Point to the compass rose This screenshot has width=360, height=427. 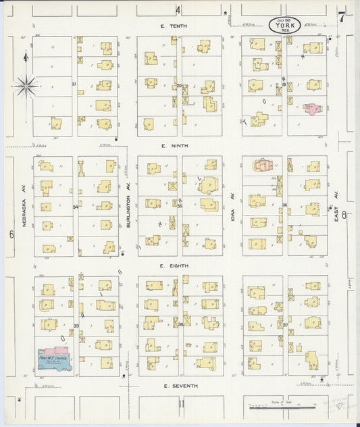(x=26, y=85)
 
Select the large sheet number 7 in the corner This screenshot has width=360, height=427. (x=342, y=18)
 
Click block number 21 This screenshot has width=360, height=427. (x=74, y=84)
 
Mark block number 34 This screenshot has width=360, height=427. (x=75, y=207)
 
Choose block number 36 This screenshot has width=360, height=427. (x=284, y=205)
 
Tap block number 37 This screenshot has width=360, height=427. (x=285, y=325)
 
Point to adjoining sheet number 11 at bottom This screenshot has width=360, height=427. (x=180, y=403)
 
